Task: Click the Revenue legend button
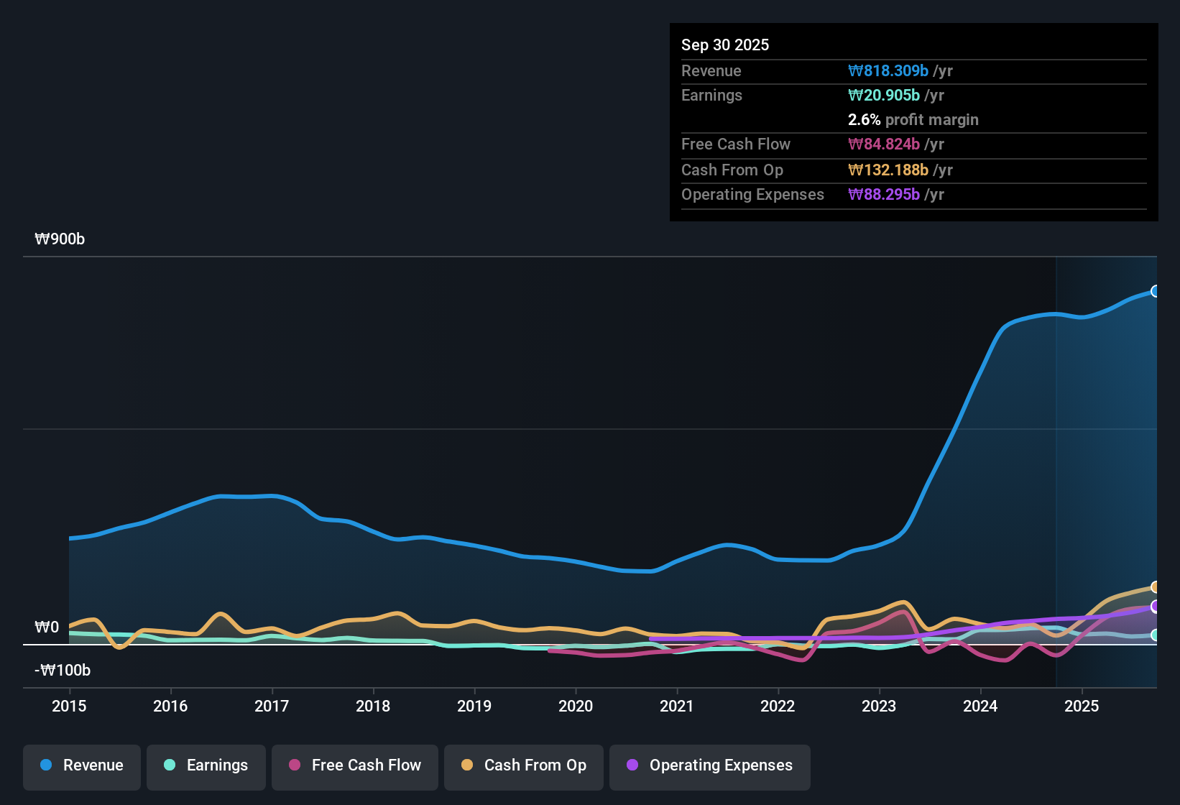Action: tap(82, 765)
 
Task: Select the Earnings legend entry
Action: tap(206, 765)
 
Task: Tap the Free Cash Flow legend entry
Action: tap(355, 765)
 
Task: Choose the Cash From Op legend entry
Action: tap(524, 765)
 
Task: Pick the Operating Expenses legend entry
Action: tap(710, 765)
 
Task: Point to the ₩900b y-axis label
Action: tap(60, 239)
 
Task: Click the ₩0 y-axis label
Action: tap(47, 627)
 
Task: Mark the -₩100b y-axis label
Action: tap(63, 671)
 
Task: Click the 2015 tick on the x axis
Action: tap(69, 707)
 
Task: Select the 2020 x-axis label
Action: tap(576, 707)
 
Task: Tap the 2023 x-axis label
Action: tap(879, 707)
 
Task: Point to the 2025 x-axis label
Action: tap(1082, 707)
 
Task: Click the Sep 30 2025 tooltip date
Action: tap(725, 45)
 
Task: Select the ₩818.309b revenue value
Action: tap(888, 71)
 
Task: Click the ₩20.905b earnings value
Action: tap(884, 96)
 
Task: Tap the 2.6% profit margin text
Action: tap(913, 120)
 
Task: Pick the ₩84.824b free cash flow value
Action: tap(884, 144)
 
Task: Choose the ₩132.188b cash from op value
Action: tap(888, 170)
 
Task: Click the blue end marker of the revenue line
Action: tap(1156, 291)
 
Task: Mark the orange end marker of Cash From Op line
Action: tap(1156, 587)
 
